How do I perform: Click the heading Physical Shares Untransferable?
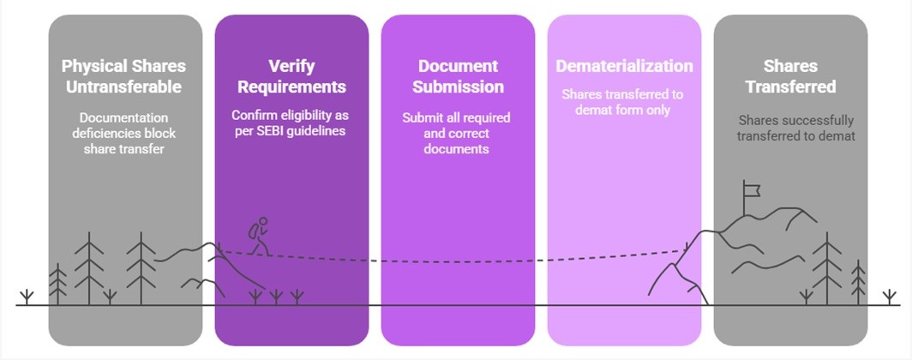click(x=123, y=75)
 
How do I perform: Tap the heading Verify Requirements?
click(x=291, y=75)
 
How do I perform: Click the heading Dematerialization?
click(x=624, y=66)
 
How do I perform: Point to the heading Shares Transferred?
click(x=791, y=75)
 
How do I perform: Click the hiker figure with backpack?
click(x=257, y=236)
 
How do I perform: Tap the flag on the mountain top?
click(x=752, y=188)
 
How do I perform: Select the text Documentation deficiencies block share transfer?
click(x=124, y=133)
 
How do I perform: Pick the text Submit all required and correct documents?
click(x=457, y=133)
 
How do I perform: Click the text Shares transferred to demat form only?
click(x=624, y=101)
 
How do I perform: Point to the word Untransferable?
click(x=123, y=87)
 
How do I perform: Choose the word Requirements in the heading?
click(x=291, y=87)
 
